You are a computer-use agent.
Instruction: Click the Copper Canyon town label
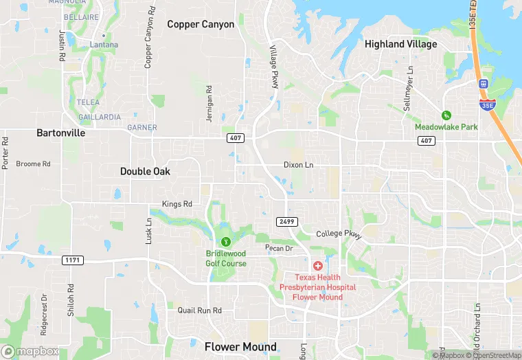click(201, 25)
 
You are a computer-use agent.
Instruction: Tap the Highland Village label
click(400, 44)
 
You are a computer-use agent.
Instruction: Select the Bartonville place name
click(61, 133)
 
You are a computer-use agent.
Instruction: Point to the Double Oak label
click(145, 171)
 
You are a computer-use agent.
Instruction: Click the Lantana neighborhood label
click(104, 45)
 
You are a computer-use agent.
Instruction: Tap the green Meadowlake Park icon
click(446, 115)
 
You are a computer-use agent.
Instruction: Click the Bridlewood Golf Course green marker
click(225, 242)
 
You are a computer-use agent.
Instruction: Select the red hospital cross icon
click(317, 265)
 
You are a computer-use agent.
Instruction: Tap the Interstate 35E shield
click(486, 104)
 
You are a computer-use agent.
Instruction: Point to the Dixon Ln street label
click(298, 165)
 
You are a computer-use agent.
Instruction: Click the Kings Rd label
click(177, 204)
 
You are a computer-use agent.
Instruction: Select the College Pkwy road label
click(339, 234)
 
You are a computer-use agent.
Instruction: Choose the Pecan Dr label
click(279, 248)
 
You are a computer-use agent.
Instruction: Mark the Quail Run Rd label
click(199, 311)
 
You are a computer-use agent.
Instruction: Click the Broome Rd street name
click(33, 164)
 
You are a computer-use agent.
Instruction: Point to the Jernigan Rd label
click(209, 106)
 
